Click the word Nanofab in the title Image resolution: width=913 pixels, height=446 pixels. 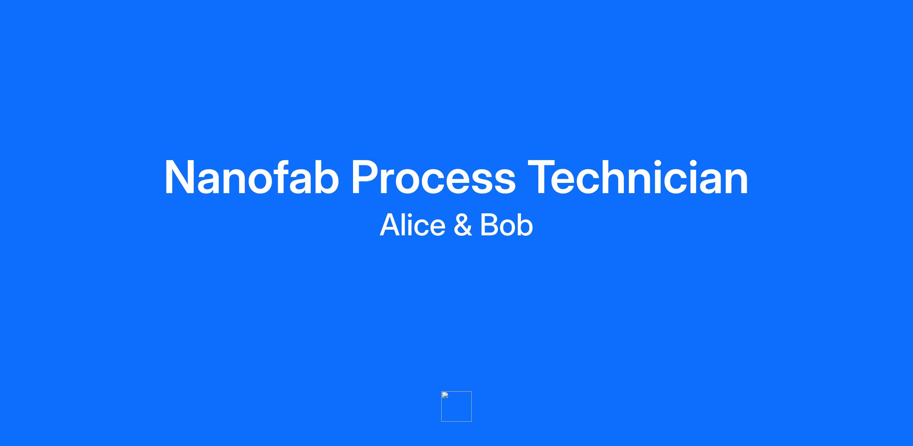pos(252,177)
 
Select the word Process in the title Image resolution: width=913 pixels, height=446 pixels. pos(434,178)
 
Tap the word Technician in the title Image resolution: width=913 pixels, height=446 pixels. pos(638,177)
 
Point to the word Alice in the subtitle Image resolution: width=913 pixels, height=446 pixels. pos(412,225)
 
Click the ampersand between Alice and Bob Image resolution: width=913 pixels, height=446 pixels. pos(463,225)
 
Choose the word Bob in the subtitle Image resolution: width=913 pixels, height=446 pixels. pos(506,225)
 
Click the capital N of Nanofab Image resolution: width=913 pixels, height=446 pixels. pos(180,178)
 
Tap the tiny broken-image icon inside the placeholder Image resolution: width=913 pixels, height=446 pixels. pos(445,395)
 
